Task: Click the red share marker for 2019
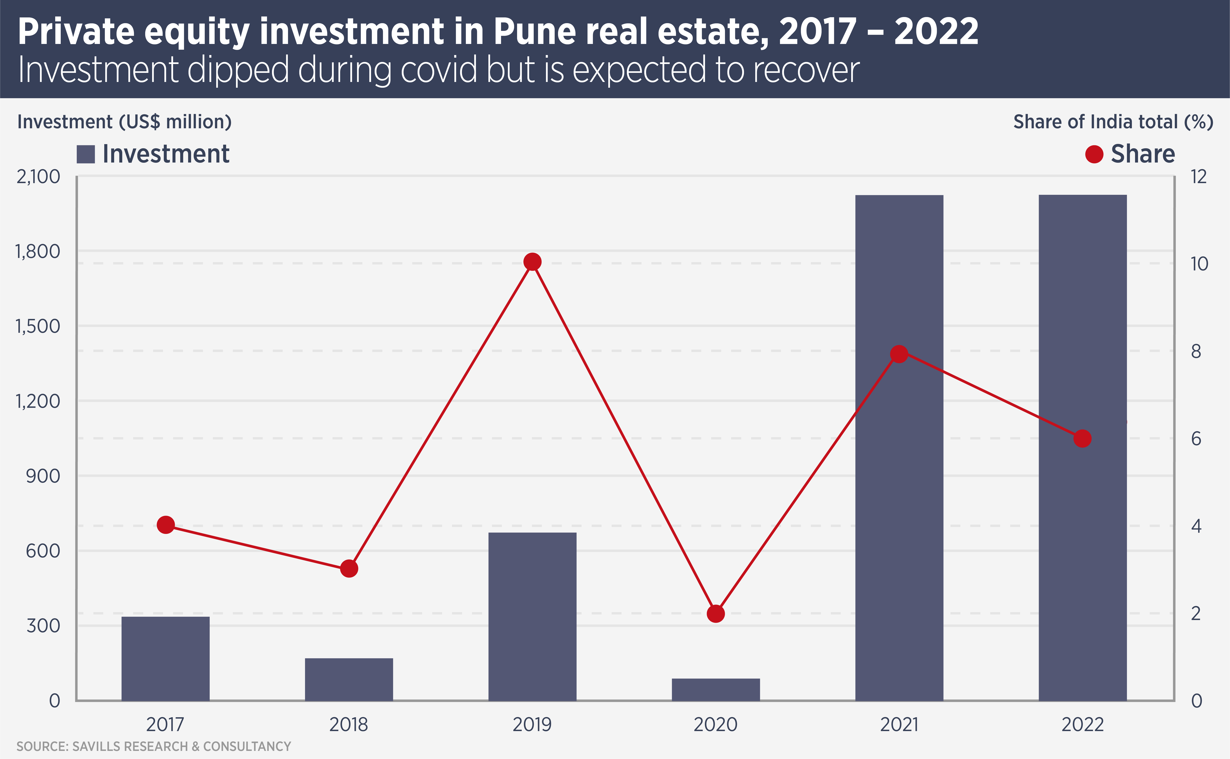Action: (532, 262)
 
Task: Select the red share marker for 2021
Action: (899, 354)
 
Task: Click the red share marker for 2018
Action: (349, 569)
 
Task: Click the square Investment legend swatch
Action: (86, 154)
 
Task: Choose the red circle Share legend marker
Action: (1094, 154)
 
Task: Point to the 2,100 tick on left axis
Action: (38, 177)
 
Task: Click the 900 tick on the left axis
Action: (43, 476)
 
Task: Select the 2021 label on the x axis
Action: (899, 724)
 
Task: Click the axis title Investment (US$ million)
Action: (124, 122)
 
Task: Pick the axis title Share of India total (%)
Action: (1113, 122)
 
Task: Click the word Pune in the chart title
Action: (535, 31)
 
